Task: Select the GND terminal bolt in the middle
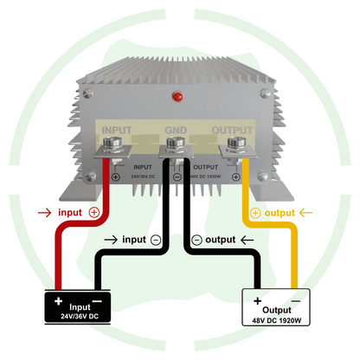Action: pyautogui.click(x=175, y=145)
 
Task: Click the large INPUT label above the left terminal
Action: pyautogui.click(x=119, y=132)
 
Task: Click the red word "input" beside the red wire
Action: pyautogui.click(x=71, y=211)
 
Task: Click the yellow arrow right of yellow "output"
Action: pyautogui.click(x=309, y=212)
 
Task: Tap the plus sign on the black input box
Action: pyautogui.click(x=58, y=301)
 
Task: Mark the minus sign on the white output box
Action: pyautogui.click(x=297, y=300)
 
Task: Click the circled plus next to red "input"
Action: pyautogui.click(x=94, y=211)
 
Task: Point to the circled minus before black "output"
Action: pyautogui.click(x=196, y=239)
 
